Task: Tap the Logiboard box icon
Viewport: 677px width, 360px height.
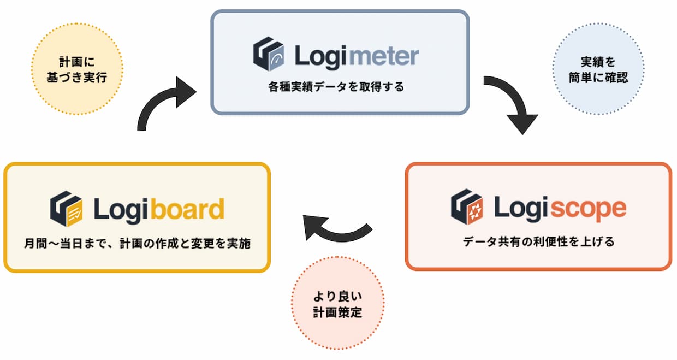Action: pyautogui.click(x=66, y=208)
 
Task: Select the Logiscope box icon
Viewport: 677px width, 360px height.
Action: pyautogui.click(x=466, y=207)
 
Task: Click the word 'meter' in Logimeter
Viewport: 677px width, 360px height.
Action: pyautogui.click(x=383, y=56)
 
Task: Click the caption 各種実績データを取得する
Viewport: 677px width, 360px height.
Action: pyautogui.click(x=340, y=86)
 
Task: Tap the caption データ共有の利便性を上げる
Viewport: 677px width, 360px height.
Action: pyautogui.click(x=538, y=241)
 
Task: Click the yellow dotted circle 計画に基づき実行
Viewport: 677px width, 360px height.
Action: pyautogui.click(x=77, y=69)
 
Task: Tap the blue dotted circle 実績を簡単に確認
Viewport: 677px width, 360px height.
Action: pyautogui.click(x=598, y=69)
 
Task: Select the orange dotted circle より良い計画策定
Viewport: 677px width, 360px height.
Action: pyautogui.click(x=338, y=305)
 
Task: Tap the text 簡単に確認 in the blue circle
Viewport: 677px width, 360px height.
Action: pyautogui.click(x=598, y=77)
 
